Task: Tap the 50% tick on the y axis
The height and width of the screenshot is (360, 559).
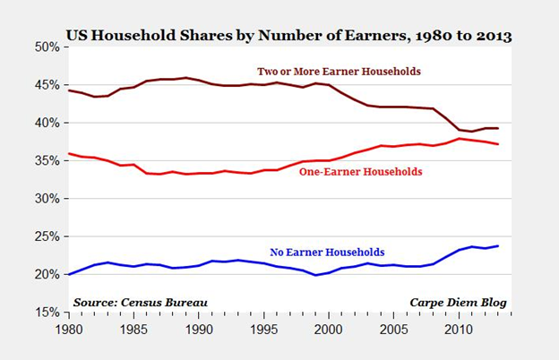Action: (x=47, y=46)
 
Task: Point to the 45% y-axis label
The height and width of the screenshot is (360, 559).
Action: (x=47, y=84)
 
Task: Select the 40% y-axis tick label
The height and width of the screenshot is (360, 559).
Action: (x=47, y=122)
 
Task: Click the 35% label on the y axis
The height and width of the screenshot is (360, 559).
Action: (x=47, y=160)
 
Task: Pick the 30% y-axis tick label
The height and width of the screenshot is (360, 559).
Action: (x=47, y=198)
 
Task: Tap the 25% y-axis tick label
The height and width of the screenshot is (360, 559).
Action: (x=47, y=236)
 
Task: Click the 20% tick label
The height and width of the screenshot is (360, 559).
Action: (x=47, y=274)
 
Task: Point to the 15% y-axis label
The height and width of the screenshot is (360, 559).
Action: (x=47, y=313)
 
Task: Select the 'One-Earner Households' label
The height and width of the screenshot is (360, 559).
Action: (x=360, y=171)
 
